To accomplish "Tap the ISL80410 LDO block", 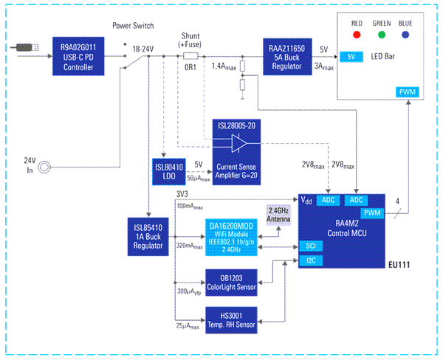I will (x=170, y=170).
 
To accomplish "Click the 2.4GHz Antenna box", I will (x=278, y=214).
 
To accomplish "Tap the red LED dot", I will (x=356, y=34).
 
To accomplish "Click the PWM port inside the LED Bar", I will (x=407, y=92).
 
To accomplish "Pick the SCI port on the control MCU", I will (x=310, y=245).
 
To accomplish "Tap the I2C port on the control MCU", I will (x=310, y=260).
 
